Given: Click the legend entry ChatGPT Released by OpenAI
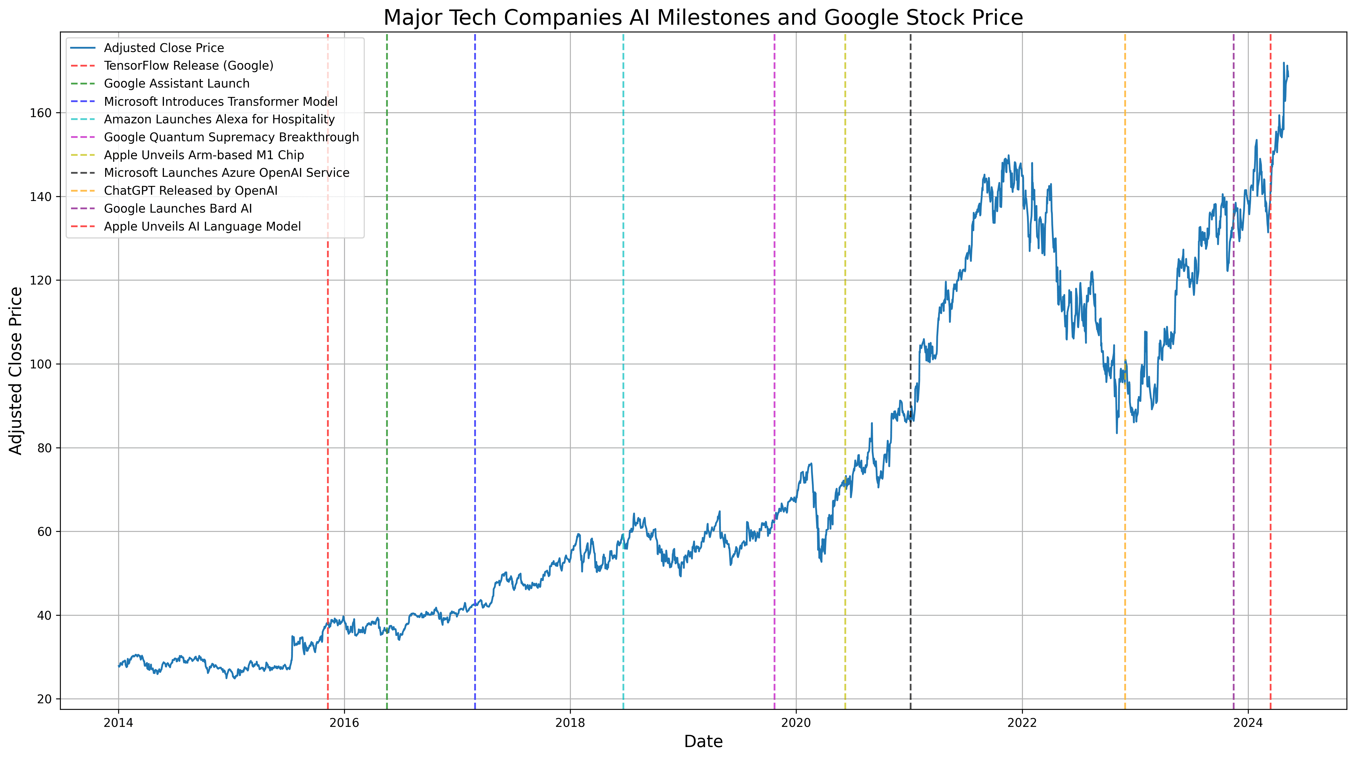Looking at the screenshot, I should (x=190, y=190).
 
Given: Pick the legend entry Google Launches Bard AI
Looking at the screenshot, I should (x=178, y=208).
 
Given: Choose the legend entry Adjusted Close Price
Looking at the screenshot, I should (x=164, y=48).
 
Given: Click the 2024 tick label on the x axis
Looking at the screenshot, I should (x=1248, y=723).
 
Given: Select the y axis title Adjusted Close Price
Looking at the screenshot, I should (x=16, y=371).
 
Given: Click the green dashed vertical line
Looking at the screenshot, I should (x=387, y=421).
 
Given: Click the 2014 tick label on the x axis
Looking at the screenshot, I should (x=118, y=723).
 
